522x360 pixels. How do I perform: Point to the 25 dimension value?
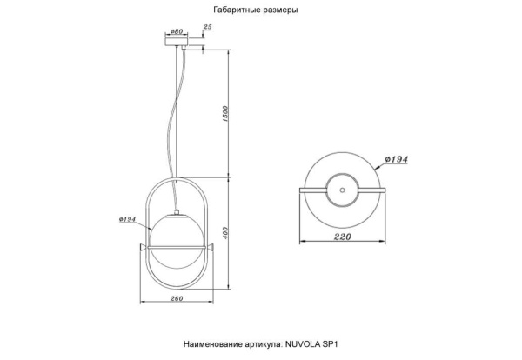[x=207, y=27]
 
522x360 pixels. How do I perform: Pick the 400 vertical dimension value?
[x=226, y=233]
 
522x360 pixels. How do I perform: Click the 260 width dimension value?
[x=176, y=302]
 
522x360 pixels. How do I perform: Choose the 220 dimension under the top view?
[x=342, y=237]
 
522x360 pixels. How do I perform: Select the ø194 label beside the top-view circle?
[x=396, y=160]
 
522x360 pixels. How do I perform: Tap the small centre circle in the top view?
[x=342, y=189]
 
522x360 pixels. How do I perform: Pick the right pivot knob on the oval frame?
[x=212, y=251]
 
